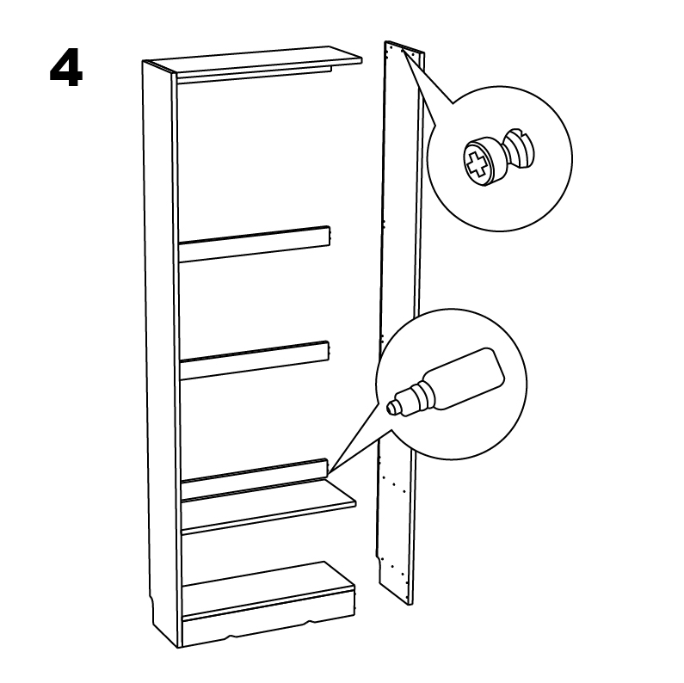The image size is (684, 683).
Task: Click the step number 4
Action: point(66,69)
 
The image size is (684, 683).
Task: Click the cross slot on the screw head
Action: point(476,162)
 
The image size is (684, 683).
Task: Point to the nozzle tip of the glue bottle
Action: point(393,406)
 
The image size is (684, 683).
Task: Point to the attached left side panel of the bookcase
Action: point(160,344)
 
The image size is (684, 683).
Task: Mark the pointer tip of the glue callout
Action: point(329,471)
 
